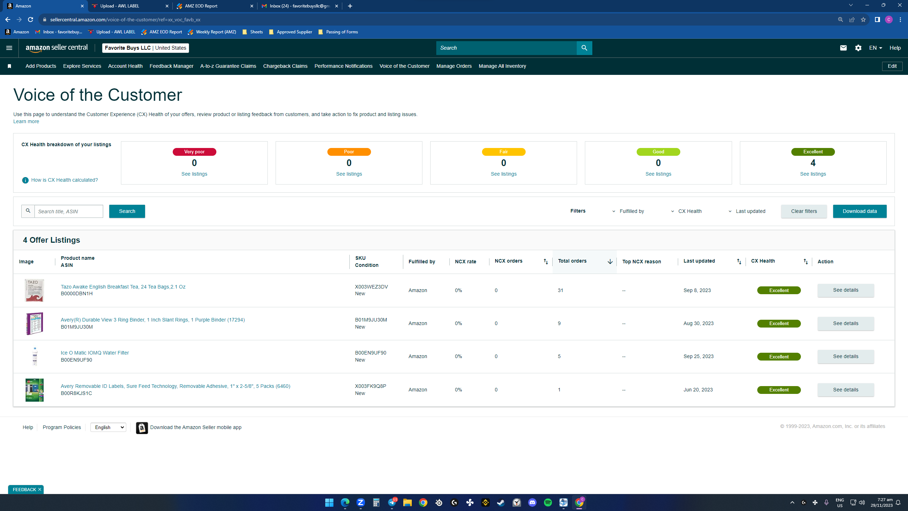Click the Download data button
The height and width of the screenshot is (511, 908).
(859, 211)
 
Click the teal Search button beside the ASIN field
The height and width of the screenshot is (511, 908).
(127, 211)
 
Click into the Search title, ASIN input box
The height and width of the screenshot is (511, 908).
(69, 211)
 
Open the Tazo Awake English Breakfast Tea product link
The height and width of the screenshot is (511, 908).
(123, 287)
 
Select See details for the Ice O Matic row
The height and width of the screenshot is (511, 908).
(846, 356)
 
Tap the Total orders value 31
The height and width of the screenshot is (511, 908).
(560, 290)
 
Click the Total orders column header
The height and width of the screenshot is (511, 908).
(572, 261)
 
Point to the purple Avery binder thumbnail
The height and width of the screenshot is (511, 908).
(34, 323)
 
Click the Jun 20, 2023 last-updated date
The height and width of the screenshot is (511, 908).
(698, 390)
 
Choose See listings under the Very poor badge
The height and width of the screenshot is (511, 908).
(194, 174)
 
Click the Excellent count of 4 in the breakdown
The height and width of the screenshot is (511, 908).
(813, 163)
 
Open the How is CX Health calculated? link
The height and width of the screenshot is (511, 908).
(64, 180)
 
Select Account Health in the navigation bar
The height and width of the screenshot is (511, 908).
(125, 66)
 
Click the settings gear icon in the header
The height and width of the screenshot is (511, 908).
(858, 48)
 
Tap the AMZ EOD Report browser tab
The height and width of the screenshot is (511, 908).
(215, 6)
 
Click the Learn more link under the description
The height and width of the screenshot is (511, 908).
(26, 121)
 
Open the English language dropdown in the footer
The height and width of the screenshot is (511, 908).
(108, 427)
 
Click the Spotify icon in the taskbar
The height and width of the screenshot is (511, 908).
(548, 502)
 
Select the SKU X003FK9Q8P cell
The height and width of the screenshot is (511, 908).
(371, 386)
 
